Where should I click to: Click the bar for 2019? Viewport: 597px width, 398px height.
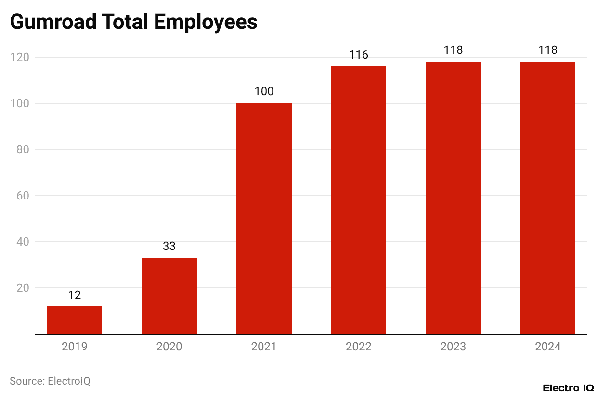point(75,320)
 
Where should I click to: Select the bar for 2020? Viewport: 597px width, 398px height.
point(169,296)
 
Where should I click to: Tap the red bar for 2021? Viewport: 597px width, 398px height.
point(264,219)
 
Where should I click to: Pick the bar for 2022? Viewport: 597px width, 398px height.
point(359,200)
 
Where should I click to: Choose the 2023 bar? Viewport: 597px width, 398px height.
point(453,198)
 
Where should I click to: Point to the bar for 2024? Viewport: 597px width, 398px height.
point(548,198)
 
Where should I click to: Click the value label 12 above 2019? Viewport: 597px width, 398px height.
point(75,295)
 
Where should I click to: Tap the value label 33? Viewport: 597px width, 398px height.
point(169,247)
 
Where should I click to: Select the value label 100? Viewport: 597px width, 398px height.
point(264,91)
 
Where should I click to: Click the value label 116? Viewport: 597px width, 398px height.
point(359,55)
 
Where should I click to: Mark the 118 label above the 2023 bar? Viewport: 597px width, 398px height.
point(453,50)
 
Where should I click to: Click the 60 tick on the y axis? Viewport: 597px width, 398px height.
point(23,196)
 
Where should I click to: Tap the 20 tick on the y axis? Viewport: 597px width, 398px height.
point(23,288)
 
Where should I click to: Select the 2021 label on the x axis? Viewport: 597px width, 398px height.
point(264,347)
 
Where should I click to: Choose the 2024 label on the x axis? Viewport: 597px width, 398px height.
point(548,347)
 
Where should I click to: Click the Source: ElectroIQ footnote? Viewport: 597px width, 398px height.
point(50,381)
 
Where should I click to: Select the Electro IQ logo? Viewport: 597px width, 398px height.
point(568,388)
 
